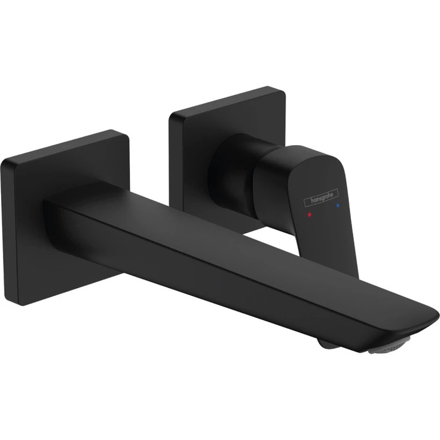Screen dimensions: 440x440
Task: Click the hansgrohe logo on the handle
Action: click(321, 195)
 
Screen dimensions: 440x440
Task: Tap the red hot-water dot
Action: click(309, 213)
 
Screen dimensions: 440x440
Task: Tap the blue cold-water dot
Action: click(338, 205)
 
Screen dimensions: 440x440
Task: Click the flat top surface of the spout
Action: click(239, 239)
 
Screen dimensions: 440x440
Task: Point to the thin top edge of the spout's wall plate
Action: click(66, 143)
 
